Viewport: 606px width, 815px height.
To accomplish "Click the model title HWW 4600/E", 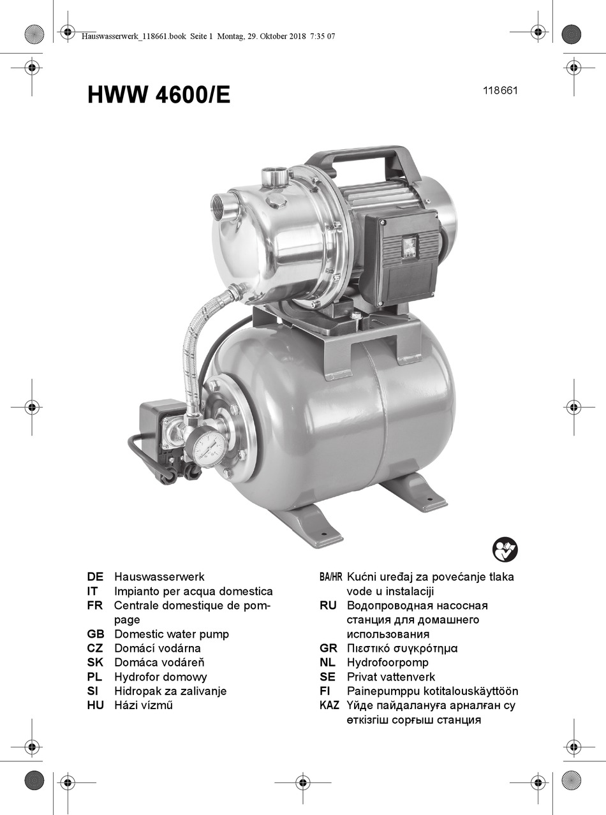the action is [x=159, y=95].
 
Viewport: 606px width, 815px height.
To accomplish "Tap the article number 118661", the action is [x=501, y=91].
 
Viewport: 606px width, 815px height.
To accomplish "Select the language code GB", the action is [x=96, y=634].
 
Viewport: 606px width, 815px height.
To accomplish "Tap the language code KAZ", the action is [x=329, y=705].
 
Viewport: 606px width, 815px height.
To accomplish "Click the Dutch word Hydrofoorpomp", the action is [x=388, y=663].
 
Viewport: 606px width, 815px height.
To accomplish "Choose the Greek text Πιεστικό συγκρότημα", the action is [x=403, y=649].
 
